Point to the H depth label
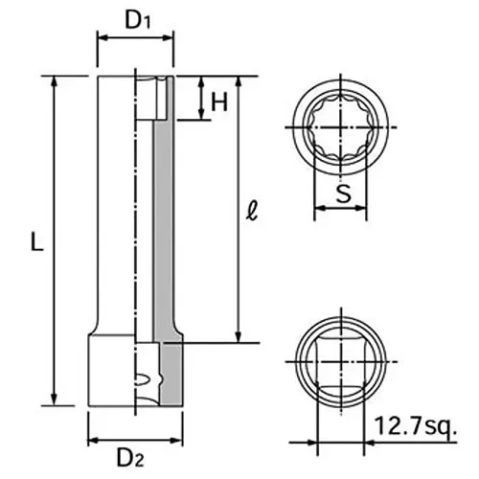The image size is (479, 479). pyautogui.click(x=219, y=103)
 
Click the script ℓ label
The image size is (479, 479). pyautogui.click(x=251, y=209)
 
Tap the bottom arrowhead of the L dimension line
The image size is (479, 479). pyautogui.click(x=55, y=403)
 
